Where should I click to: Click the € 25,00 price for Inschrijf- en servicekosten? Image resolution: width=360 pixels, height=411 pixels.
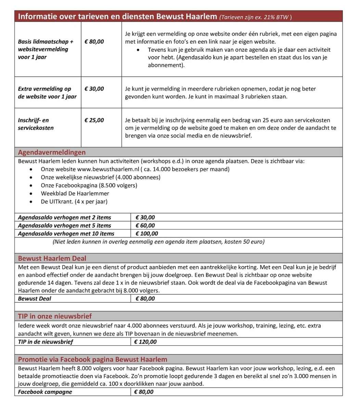coord(94,120)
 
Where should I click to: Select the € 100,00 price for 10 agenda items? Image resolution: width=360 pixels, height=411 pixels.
coord(147,234)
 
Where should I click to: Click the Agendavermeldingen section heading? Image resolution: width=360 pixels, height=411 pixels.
coord(52,152)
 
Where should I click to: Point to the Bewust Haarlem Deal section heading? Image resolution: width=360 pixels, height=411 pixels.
coord(52,258)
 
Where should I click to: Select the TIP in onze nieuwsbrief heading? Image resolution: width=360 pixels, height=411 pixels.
coord(55,316)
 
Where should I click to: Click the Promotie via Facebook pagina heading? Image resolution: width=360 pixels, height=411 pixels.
coord(92,359)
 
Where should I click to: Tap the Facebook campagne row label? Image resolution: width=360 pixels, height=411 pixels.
coord(45,392)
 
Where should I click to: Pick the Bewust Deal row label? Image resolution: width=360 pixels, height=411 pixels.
coord(34,298)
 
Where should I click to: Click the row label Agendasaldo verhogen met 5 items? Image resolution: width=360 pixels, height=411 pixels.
coord(64,225)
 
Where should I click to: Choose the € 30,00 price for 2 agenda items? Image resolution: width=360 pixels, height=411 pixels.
coord(145,217)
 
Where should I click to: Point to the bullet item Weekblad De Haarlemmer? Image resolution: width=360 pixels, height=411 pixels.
coord(75,194)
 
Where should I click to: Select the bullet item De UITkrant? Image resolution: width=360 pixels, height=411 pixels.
coord(74,202)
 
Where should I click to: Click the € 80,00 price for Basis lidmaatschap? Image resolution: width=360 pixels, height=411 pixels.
coord(94,41)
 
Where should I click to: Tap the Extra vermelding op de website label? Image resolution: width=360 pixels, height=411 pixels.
coord(47,92)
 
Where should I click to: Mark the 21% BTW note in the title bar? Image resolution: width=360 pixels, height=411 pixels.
coord(256,17)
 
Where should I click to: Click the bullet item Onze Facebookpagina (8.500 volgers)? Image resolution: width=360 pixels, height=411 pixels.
coord(89,185)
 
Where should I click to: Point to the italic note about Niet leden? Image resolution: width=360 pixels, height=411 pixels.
coord(158,242)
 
